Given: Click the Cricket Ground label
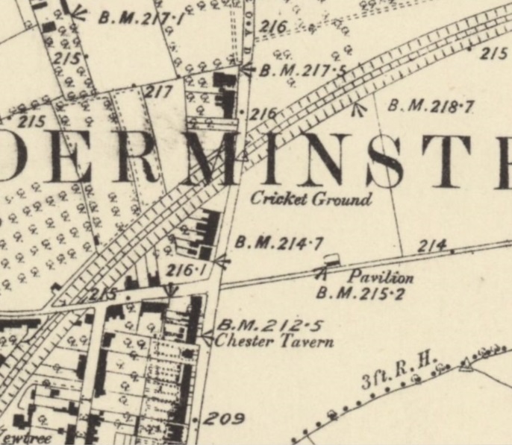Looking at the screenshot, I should coord(310,200).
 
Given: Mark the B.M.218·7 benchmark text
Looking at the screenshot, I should coord(431,107).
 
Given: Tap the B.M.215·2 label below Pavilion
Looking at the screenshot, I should coord(360,293).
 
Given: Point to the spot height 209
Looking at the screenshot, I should coord(224,419).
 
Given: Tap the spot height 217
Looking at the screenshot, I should coord(157,92).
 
